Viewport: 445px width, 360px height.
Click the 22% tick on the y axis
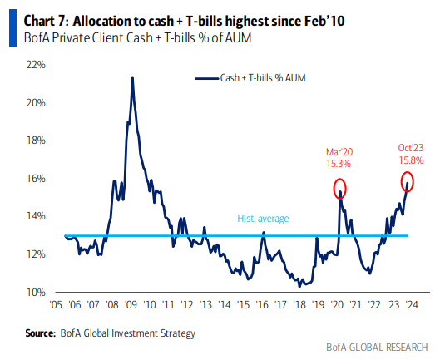[35, 65]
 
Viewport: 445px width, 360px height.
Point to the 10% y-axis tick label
[35, 292]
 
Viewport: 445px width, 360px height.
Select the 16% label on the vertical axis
[35, 179]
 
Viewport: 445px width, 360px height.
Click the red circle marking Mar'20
[340, 188]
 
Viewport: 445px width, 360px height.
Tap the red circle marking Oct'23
[408, 180]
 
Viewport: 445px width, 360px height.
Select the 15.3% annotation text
[339, 165]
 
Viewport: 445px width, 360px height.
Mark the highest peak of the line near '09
[132, 78]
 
